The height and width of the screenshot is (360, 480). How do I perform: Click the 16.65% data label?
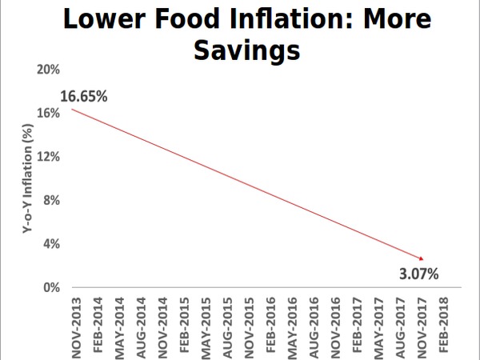[x=84, y=97]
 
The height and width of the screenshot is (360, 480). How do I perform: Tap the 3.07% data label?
[x=418, y=274]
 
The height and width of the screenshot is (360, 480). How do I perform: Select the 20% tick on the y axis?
[x=49, y=70]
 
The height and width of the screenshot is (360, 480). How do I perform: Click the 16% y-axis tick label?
[x=49, y=113]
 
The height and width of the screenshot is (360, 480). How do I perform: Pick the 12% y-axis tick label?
[x=49, y=157]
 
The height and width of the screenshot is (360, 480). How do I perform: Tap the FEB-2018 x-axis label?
[x=442, y=323]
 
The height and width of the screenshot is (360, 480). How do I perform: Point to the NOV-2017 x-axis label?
[x=421, y=323]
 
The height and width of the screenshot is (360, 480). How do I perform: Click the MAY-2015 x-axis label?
[x=204, y=323]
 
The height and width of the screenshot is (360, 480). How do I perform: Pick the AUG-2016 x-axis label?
[x=313, y=323]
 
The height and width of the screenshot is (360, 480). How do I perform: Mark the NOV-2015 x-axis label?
[x=247, y=323]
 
